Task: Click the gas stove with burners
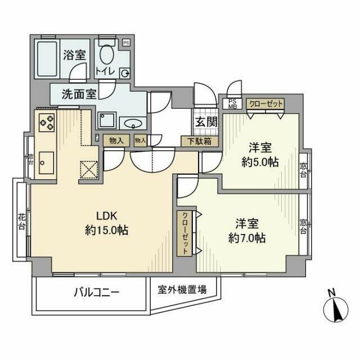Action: click(46, 121)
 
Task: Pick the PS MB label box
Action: click(232, 105)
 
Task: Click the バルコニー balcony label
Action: click(97, 292)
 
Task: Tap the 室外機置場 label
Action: click(182, 290)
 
